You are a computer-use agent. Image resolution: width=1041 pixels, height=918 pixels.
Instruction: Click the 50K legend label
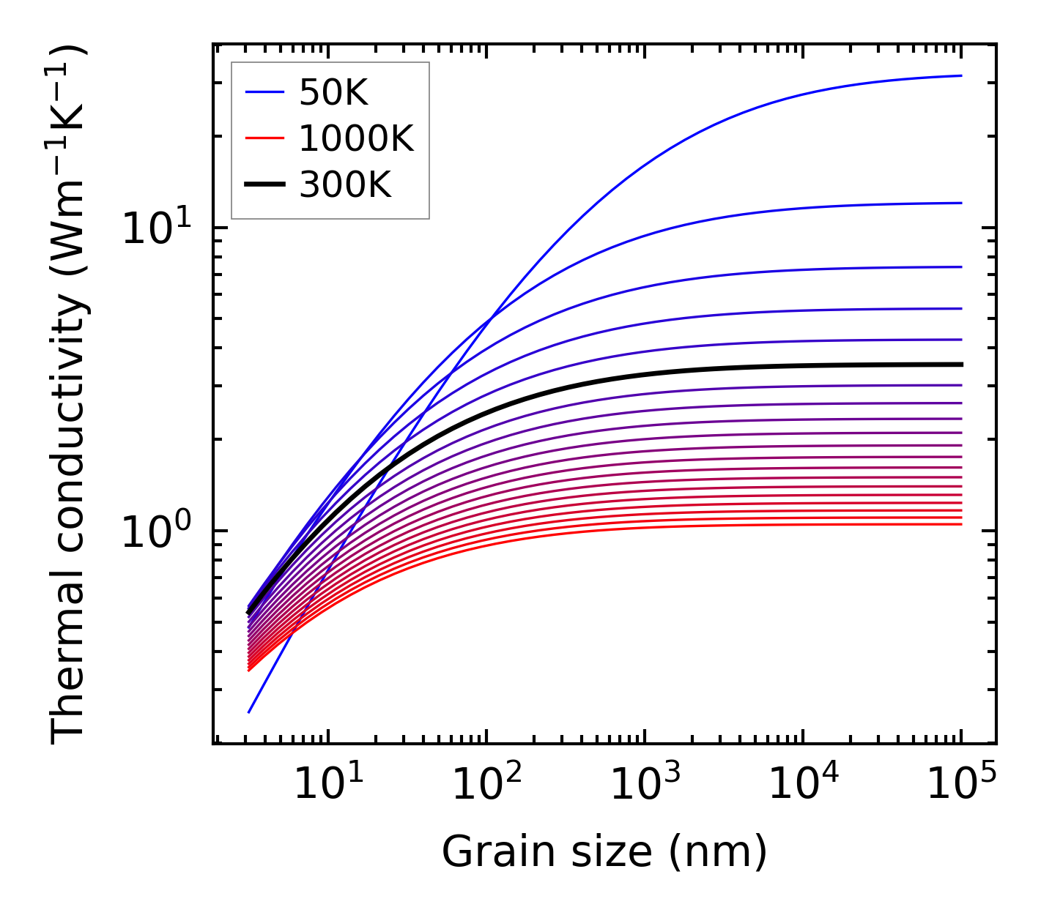coord(333,92)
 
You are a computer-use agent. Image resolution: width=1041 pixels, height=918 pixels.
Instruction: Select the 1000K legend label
coord(356,138)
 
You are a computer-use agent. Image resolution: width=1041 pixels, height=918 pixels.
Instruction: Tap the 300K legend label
coord(345,185)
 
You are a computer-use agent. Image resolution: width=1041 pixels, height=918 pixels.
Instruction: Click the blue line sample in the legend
coord(264,92)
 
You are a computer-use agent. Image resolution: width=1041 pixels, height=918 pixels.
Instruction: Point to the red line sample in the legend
coord(264,138)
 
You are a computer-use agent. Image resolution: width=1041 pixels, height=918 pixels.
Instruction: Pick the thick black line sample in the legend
coord(264,185)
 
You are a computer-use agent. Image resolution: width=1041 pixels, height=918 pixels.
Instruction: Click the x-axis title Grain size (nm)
coord(604,852)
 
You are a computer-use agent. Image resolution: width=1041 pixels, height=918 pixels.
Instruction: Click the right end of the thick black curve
coord(961,364)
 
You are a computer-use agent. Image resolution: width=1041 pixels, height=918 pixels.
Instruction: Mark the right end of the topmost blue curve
coord(961,75)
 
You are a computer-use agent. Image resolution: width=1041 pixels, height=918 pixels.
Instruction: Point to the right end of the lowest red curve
coord(961,524)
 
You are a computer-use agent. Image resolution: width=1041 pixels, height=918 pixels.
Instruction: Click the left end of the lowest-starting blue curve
coord(249,712)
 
